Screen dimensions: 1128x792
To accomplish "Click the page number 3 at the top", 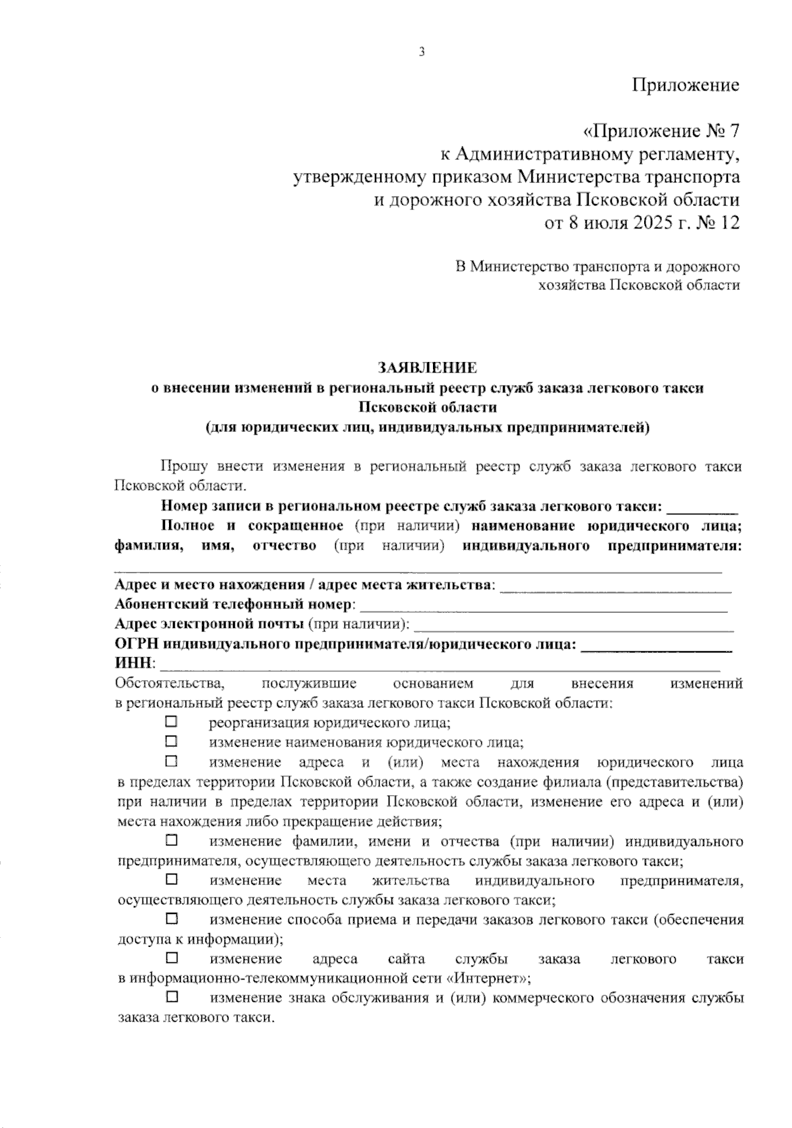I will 421,53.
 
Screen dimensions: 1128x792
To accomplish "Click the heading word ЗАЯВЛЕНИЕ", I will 427,368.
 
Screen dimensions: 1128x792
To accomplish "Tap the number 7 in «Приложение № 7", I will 732,131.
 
